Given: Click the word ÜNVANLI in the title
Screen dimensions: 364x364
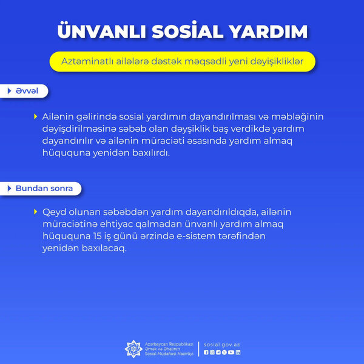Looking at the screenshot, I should [x=101, y=32].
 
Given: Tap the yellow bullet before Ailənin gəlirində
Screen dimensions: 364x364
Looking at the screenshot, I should [x=36, y=115].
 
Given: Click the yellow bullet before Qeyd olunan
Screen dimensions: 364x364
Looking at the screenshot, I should [x=36, y=213].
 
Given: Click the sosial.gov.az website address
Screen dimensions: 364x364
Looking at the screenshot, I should [x=222, y=344].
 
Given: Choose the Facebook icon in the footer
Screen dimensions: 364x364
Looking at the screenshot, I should [x=206, y=352].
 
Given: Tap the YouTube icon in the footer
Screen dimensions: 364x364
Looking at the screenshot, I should [x=231, y=352].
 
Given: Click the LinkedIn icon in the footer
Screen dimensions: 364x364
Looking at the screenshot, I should [x=238, y=352].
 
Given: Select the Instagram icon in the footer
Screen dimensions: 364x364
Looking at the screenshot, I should [x=212, y=352].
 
